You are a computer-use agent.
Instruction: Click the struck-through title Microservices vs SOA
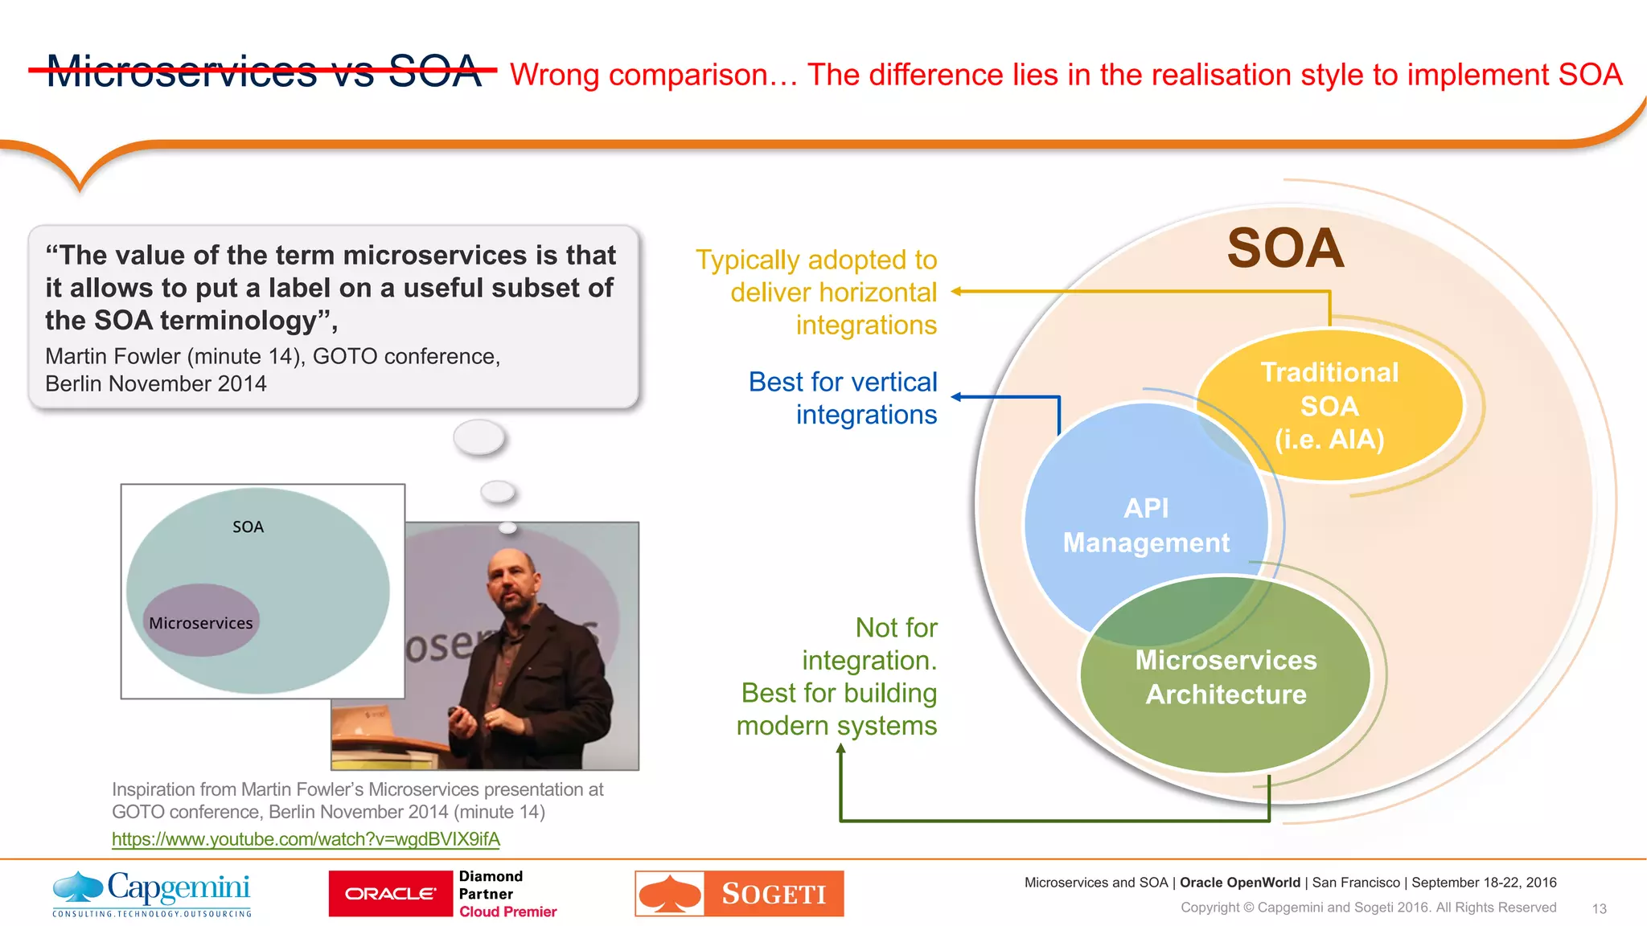tap(264, 72)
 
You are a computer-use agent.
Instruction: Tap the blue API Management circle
tap(1126, 498)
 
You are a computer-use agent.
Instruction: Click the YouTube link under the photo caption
tap(306, 839)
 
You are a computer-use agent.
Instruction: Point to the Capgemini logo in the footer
tap(152, 893)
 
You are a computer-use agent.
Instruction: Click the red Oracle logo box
tap(391, 894)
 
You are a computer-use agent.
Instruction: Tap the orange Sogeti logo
tap(739, 894)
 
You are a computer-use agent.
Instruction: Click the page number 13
tap(1599, 909)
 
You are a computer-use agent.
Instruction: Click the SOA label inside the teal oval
tap(248, 527)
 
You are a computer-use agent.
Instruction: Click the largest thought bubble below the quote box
tap(479, 438)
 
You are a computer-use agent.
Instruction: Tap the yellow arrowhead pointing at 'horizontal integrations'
tap(957, 292)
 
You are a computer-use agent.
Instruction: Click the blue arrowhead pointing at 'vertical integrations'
tap(957, 397)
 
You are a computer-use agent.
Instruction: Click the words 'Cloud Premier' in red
tap(507, 912)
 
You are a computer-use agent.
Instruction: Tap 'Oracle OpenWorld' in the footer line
tap(1239, 883)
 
